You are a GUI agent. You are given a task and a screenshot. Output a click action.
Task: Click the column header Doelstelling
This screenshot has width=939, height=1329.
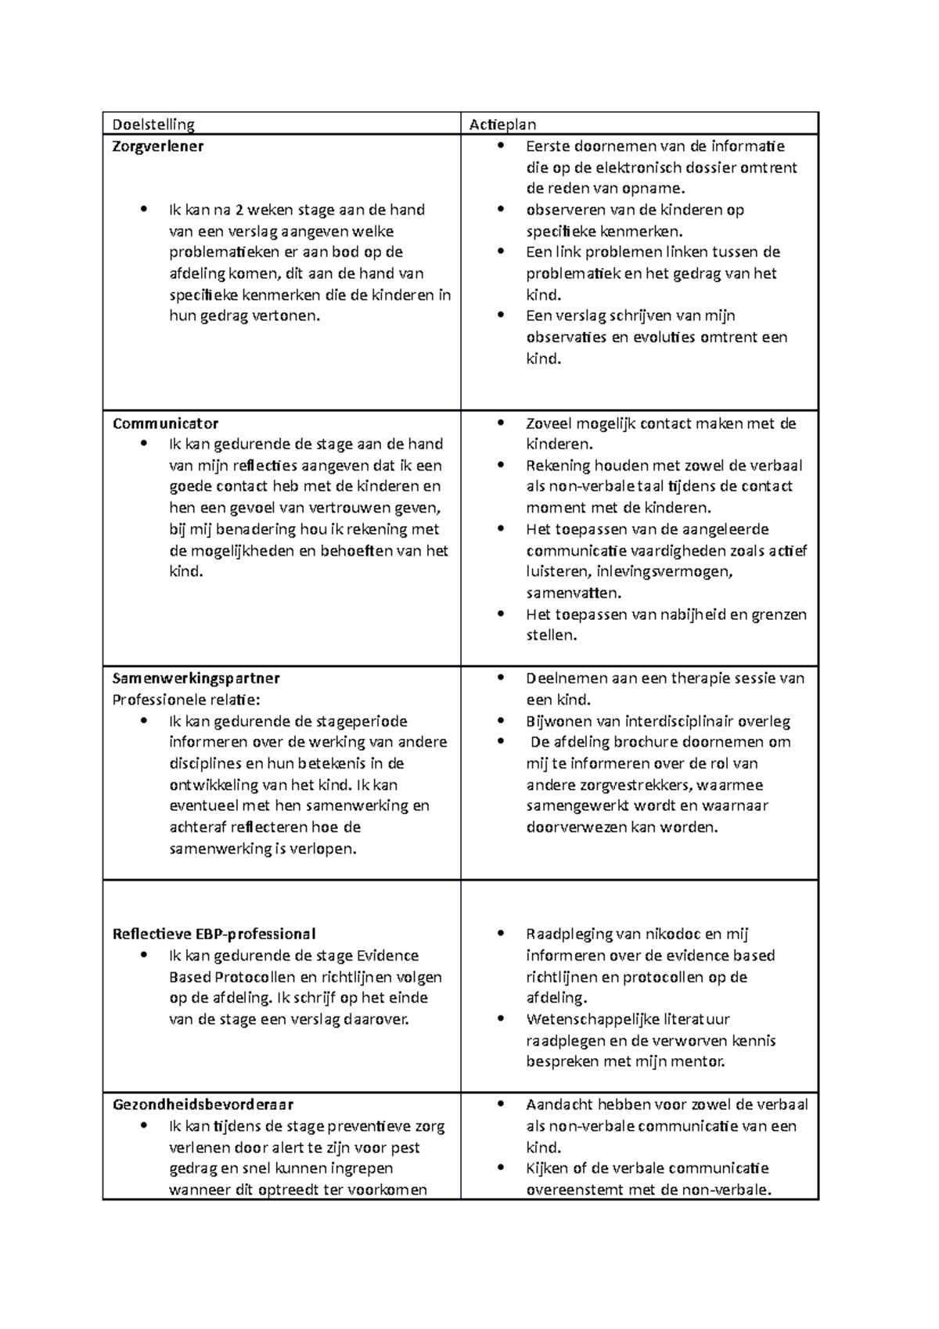coord(153,124)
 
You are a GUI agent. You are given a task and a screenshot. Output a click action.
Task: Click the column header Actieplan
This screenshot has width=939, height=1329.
coord(502,124)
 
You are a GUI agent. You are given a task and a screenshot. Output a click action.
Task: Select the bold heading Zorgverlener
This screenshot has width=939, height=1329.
coord(158,146)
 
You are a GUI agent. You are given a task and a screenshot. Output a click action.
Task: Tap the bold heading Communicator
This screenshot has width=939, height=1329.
coord(165,423)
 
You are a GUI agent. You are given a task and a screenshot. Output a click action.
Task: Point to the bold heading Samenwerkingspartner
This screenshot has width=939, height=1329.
coord(196,678)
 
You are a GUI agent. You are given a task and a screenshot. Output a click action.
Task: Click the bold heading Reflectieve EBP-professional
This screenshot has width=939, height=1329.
coord(214,934)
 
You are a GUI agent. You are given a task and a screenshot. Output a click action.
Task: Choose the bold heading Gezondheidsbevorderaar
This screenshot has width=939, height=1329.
coord(203,1104)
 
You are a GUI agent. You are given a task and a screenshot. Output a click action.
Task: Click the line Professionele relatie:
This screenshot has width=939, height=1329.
coord(186,699)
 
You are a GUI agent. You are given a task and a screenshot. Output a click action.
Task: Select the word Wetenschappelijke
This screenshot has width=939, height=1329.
coord(588,1019)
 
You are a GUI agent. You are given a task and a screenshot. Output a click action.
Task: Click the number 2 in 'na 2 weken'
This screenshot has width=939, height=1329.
coord(241,210)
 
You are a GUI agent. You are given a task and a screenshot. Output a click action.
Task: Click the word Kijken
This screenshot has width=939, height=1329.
coord(547,1169)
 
